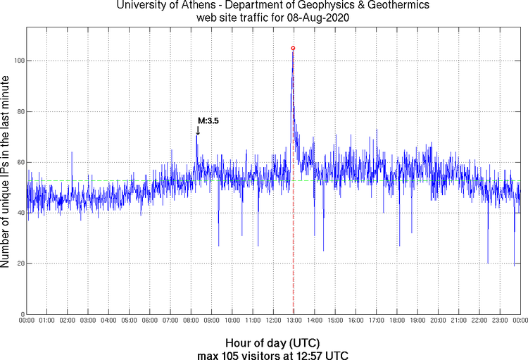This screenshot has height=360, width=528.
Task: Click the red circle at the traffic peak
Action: click(293, 48)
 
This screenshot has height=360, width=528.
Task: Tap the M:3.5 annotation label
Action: click(208, 121)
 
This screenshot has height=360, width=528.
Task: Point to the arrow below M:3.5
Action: click(198, 130)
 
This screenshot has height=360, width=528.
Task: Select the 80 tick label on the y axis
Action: click(19, 111)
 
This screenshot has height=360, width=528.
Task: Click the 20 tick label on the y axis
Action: click(19, 263)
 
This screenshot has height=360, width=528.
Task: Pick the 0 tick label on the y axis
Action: click(21, 314)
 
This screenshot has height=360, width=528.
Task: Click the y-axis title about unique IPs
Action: click(6, 169)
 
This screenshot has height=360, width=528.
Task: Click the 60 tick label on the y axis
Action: click(19, 162)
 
